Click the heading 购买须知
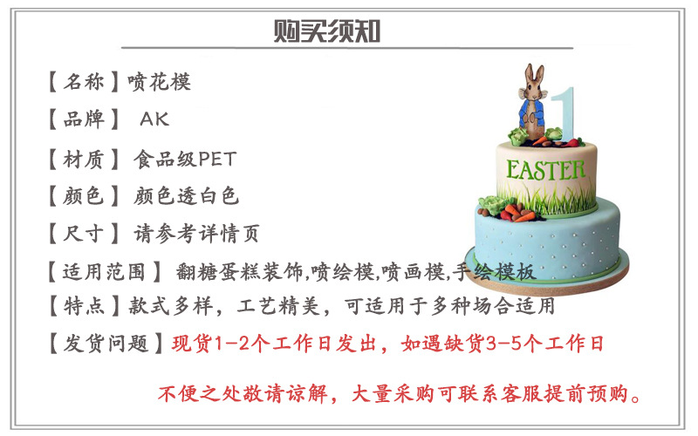click(326, 32)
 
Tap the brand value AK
click(154, 120)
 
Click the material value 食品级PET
click(184, 159)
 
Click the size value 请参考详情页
click(196, 234)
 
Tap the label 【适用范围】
click(101, 271)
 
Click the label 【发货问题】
click(101, 344)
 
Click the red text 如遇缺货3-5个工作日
click(503, 344)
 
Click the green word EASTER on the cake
click(546, 168)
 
